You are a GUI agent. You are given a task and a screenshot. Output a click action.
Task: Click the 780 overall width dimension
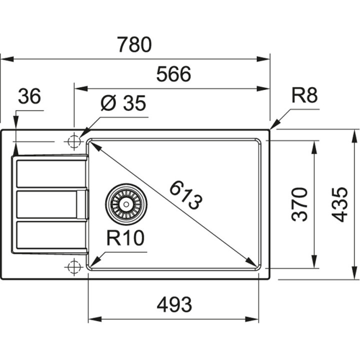tap(134, 45)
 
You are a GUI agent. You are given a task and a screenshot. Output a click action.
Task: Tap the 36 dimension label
tap(29, 97)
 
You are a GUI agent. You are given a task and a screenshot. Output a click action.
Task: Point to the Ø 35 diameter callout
tap(123, 103)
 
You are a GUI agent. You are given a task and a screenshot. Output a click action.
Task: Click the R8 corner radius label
tap(304, 95)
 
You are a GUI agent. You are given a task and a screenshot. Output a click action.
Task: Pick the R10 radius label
tap(125, 238)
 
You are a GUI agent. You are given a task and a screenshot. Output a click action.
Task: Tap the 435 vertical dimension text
tap(340, 204)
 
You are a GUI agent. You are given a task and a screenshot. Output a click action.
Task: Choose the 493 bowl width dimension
tap(173, 303)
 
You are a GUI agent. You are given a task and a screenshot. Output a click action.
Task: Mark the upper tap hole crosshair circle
tap(73, 142)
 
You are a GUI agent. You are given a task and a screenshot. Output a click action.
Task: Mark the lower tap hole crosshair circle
tap(73, 267)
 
